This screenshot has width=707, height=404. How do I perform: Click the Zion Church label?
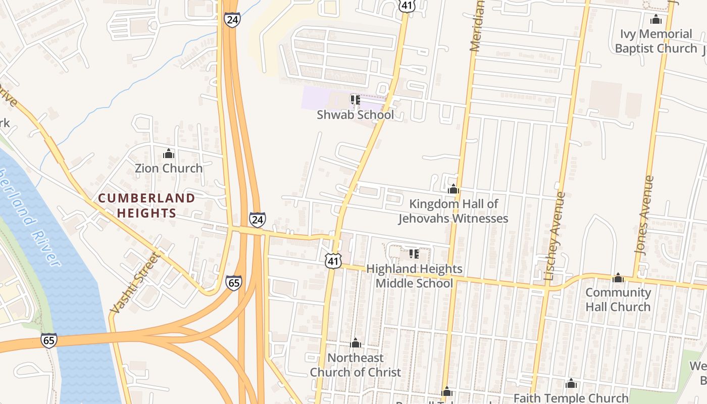click(x=168, y=168)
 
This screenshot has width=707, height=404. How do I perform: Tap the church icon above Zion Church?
click(x=168, y=153)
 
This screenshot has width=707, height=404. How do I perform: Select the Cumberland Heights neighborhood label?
click(x=146, y=206)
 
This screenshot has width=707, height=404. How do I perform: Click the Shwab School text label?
click(x=355, y=115)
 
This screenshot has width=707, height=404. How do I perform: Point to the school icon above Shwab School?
click(x=355, y=99)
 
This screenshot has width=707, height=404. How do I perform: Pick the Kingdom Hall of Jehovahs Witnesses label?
click(x=453, y=211)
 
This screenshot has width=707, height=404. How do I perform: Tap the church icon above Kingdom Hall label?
click(x=453, y=189)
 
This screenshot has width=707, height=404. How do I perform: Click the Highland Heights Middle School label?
click(x=414, y=276)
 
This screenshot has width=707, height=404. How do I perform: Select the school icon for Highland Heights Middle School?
click(x=414, y=254)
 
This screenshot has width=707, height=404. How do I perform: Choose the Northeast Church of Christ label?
click(x=355, y=365)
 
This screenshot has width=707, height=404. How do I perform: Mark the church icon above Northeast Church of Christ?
click(x=355, y=343)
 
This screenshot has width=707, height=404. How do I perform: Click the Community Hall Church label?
click(x=618, y=299)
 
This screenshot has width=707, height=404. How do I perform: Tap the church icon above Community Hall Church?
click(x=618, y=278)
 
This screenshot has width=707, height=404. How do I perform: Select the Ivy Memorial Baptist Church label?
click(x=656, y=41)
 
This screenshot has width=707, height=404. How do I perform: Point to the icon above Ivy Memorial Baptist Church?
click(x=656, y=20)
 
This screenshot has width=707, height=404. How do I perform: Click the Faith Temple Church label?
click(x=571, y=398)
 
